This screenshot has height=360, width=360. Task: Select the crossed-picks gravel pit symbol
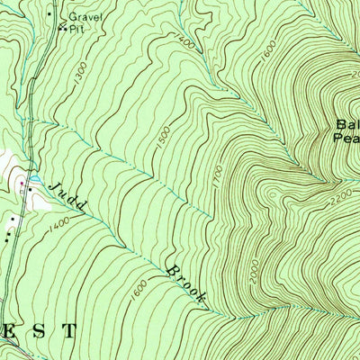pyautogui.click(x=62, y=28)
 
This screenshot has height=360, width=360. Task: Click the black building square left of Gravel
pyautogui.click(x=49, y=13)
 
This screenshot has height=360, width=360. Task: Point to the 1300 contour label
pyautogui.click(x=80, y=80)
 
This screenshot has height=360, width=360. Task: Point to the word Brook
pyautogui.click(x=186, y=280)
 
